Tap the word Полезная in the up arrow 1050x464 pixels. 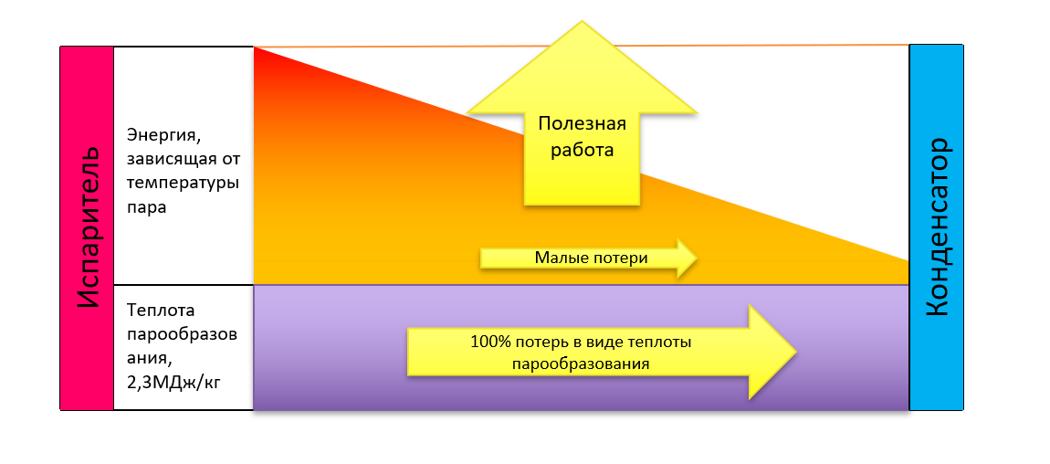(582, 124)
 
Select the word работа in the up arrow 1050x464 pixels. (582, 150)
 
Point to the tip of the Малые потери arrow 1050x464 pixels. (697, 258)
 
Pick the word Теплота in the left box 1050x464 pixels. (163, 311)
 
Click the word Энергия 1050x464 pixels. (162, 136)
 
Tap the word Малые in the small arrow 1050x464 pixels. (556, 258)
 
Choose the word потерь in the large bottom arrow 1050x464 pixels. (530, 343)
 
